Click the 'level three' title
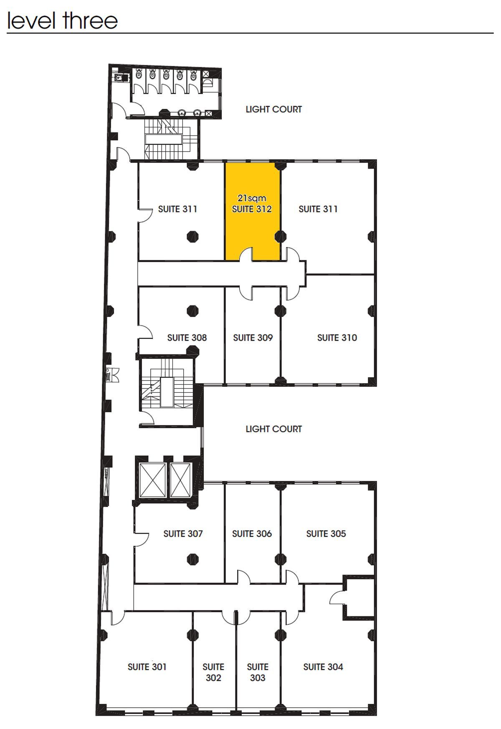[x=63, y=20]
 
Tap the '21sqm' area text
[x=252, y=198]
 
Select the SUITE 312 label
[x=252, y=209]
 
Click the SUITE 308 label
[x=187, y=338]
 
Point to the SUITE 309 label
[x=253, y=338]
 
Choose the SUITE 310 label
[x=337, y=338]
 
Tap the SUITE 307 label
[x=183, y=534]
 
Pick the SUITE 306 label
[x=252, y=534]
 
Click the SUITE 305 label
[x=326, y=534]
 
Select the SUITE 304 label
[x=323, y=667]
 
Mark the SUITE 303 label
[x=258, y=672]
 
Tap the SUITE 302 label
[x=213, y=672]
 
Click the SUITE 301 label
[x=147, y=667]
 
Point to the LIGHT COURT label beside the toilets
[x=273, y=109]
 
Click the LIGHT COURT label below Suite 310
[x=273, y=429]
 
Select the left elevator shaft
[x=152, y=480]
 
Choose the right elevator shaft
[x=181, y=480]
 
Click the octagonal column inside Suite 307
[x=192, y=559]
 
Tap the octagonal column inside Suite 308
[x=192, y=311]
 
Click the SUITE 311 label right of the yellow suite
[x=318, y=209]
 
